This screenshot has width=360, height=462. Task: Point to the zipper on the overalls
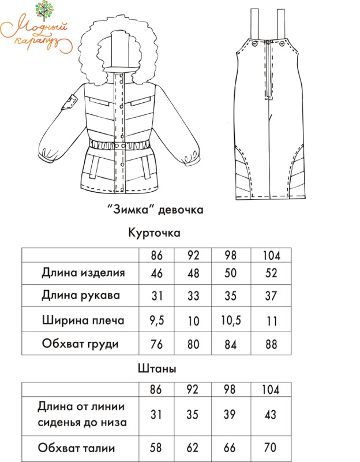point(268,69)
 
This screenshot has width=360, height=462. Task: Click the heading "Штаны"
point(157,368)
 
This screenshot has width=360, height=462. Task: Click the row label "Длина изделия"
point(83,273)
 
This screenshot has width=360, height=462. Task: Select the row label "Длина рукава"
point(81,296)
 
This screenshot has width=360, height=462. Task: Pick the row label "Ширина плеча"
point(83,320)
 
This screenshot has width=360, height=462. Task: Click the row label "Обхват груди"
point(80,344)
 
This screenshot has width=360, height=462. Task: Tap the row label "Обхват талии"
point(76,448)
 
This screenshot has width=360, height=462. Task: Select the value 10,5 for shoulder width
point(230,320)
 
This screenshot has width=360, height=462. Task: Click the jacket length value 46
point(157,273)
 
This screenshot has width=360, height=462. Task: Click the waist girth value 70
point(269,448)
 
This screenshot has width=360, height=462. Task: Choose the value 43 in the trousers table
point(269,414)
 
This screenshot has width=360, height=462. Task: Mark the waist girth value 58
point(157,448)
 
